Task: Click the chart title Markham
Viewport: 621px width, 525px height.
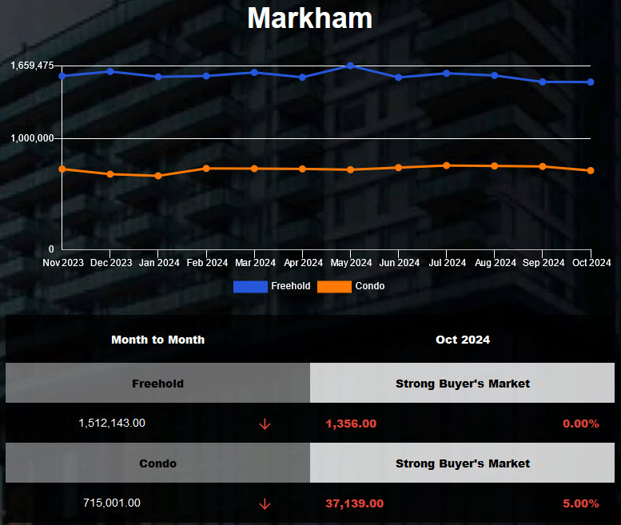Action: coord(310,18)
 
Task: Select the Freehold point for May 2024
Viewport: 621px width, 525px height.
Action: coord(351,66)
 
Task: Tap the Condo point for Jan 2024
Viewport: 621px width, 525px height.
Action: coord(158,176)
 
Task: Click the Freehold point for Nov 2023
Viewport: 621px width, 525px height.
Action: coord(62,76)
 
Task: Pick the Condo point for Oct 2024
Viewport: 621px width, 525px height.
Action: coord(591,170)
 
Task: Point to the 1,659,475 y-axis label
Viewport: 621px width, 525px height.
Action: coord(32,66)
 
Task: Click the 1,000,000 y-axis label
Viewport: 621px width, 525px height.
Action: coord(32,138)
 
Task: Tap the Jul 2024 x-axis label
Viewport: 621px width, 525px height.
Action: coord(447,263)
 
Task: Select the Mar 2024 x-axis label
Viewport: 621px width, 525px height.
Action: coord(255,263)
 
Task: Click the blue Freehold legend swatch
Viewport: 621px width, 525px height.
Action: coord(250,286)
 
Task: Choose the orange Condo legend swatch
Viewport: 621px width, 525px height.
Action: coord(334,286)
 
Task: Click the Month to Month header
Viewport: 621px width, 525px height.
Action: coord(157,340)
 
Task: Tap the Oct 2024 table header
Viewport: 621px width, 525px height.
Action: coord(463,340)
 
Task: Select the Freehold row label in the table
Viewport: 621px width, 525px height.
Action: coord(157,384)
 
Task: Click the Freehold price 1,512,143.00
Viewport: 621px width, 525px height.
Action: coord(112,423)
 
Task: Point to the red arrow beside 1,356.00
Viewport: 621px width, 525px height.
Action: coord(265,424)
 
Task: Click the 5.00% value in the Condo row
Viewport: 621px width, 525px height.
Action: coord(580,503)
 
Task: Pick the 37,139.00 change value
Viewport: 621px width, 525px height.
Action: coord(354,503)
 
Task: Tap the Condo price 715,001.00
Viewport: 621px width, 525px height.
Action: coord(112,503)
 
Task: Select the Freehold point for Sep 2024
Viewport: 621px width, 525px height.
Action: coord(543,82)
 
